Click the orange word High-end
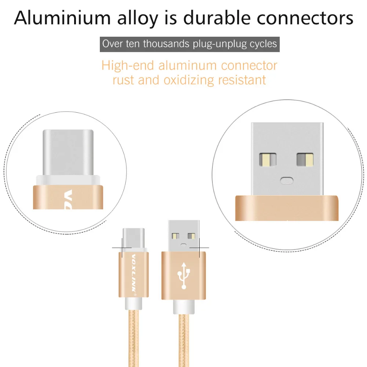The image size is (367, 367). pos(127,66)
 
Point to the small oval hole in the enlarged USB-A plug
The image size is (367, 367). pos(286,180)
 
